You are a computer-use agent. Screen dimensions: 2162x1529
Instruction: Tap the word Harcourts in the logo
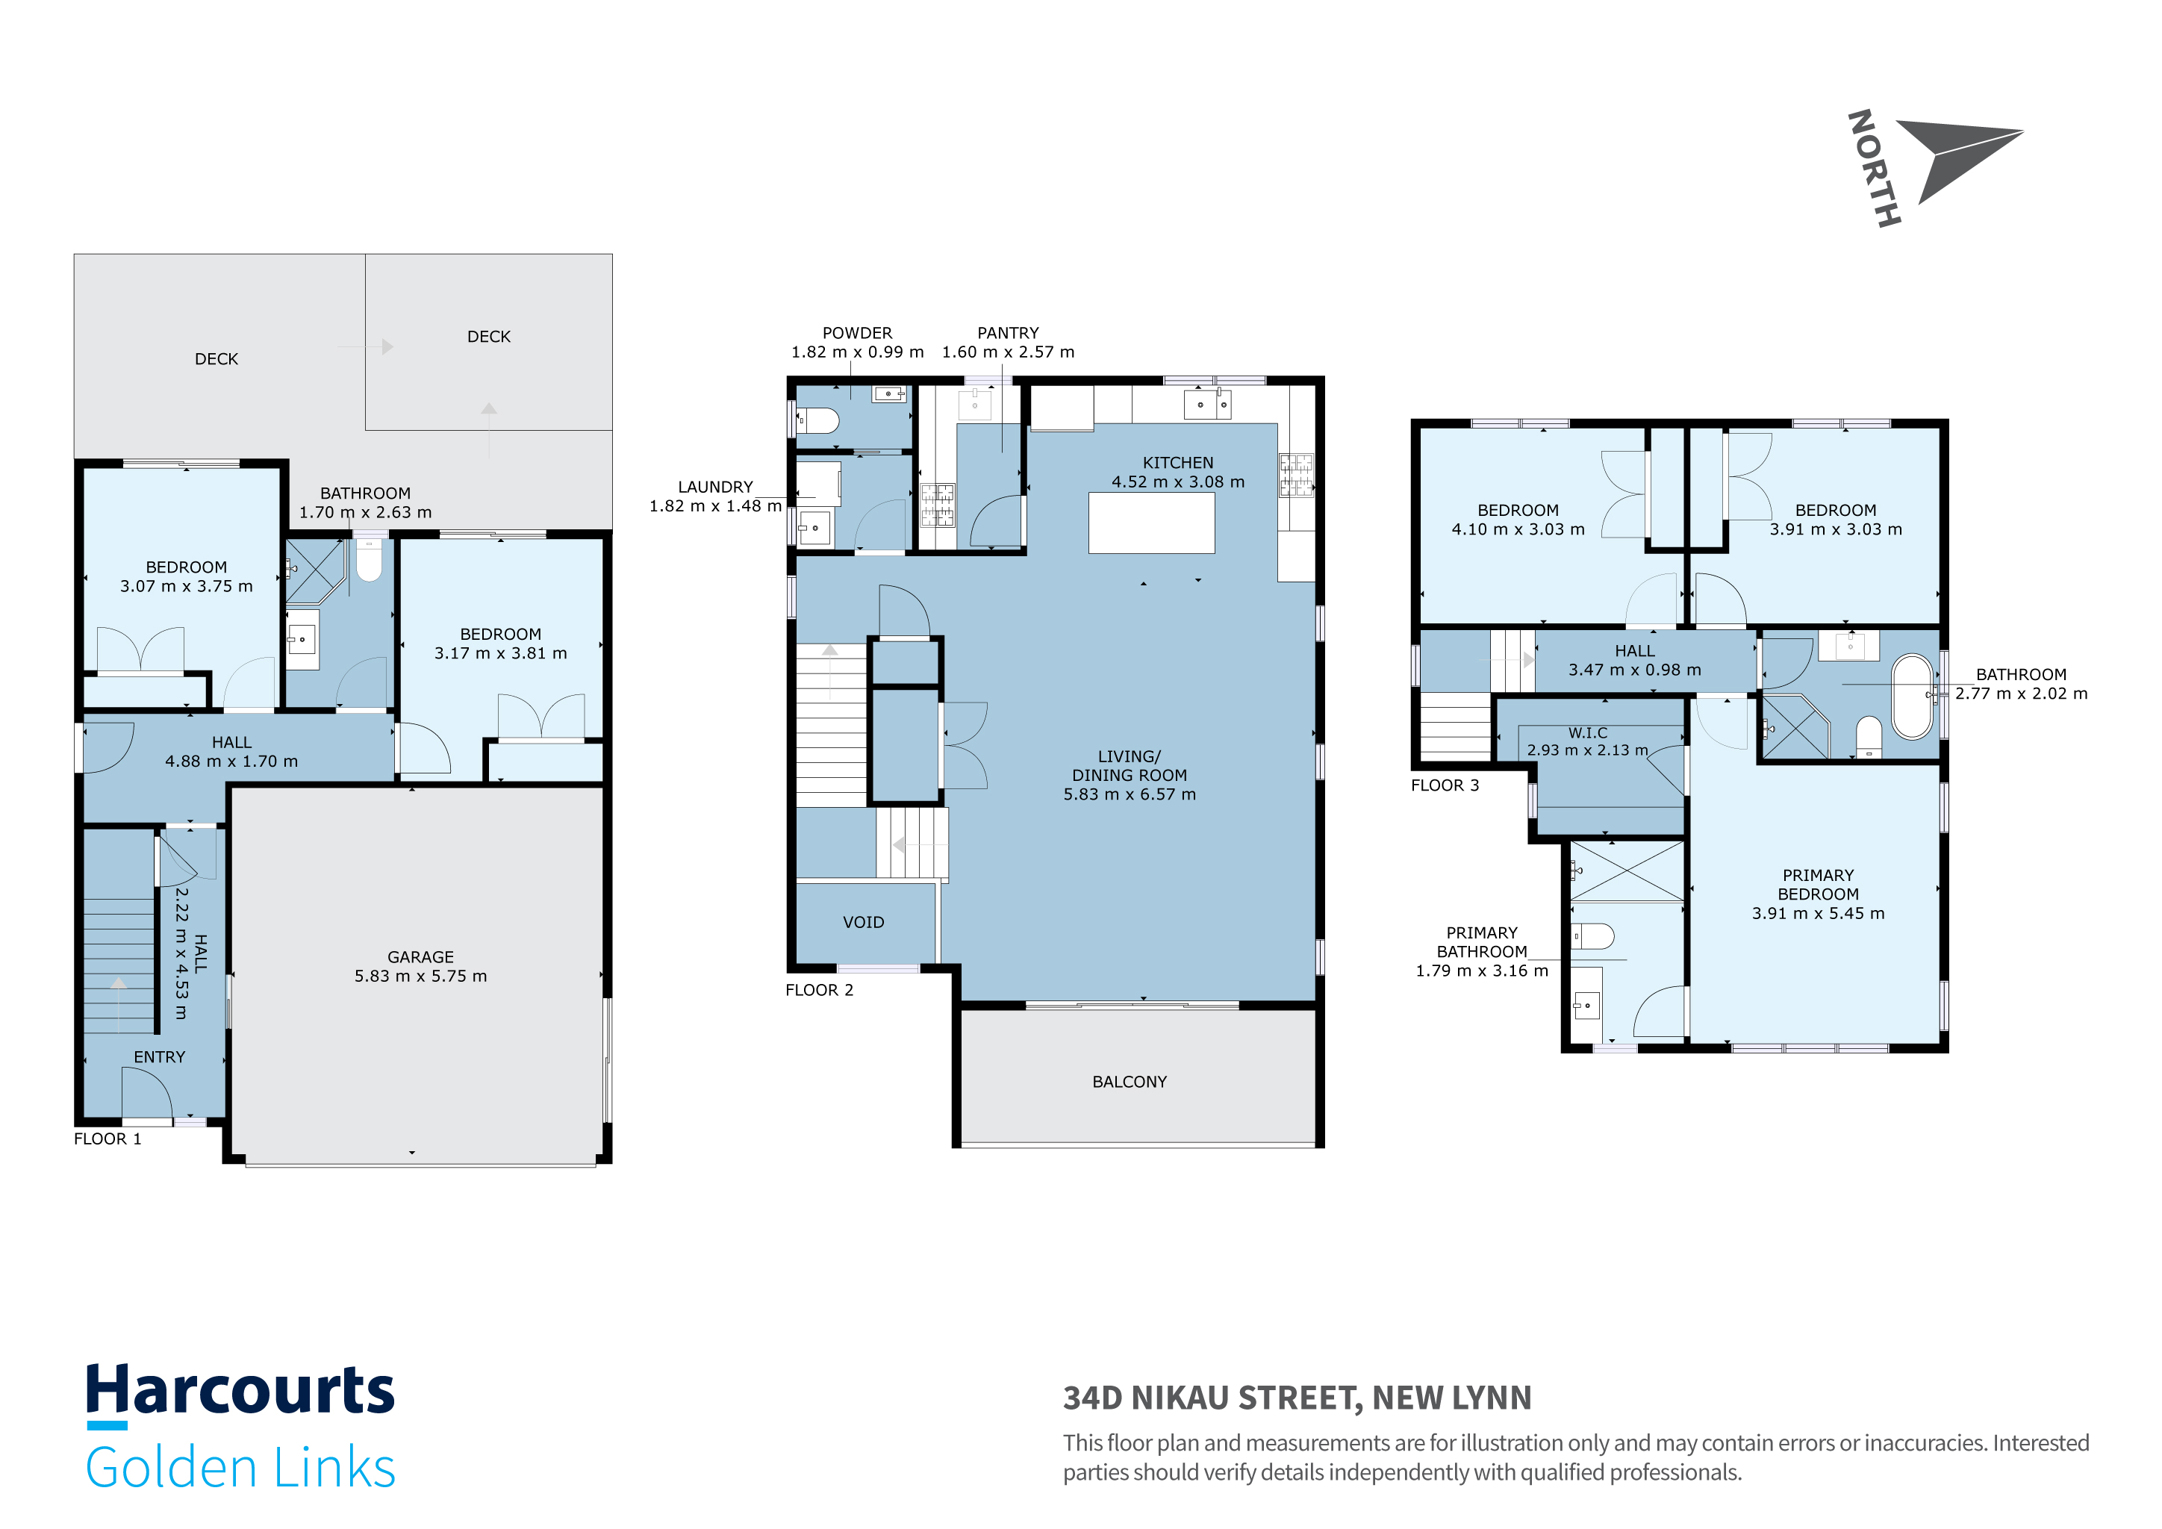click(240, 1391)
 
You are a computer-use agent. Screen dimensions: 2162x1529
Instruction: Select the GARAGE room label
click(420, 956)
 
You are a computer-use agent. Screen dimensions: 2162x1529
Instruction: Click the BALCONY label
click(1129, 1082)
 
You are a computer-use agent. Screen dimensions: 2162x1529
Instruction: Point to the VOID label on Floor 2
click(864, 922)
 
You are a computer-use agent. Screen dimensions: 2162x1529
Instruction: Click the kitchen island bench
click(1152, 523)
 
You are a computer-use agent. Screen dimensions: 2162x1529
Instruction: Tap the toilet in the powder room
click(817, 420)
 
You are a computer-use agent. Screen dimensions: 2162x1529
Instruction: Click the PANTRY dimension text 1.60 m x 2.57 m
click(1008, 352)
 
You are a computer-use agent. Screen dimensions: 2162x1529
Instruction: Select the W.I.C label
click(1588, 732)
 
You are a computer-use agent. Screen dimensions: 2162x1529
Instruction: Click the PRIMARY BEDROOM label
click(1819, 884)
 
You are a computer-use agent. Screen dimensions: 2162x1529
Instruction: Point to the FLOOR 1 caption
click(108, 1139)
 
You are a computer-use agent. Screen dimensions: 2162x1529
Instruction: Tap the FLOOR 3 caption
click(1445, 785)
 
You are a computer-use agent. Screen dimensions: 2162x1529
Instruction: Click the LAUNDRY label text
click(716, 487)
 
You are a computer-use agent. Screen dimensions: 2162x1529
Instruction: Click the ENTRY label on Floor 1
click(159, 1056)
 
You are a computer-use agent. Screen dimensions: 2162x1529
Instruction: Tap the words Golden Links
click(240, 1467)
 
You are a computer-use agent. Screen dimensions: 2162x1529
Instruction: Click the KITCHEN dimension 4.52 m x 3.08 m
click(1178, 482)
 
